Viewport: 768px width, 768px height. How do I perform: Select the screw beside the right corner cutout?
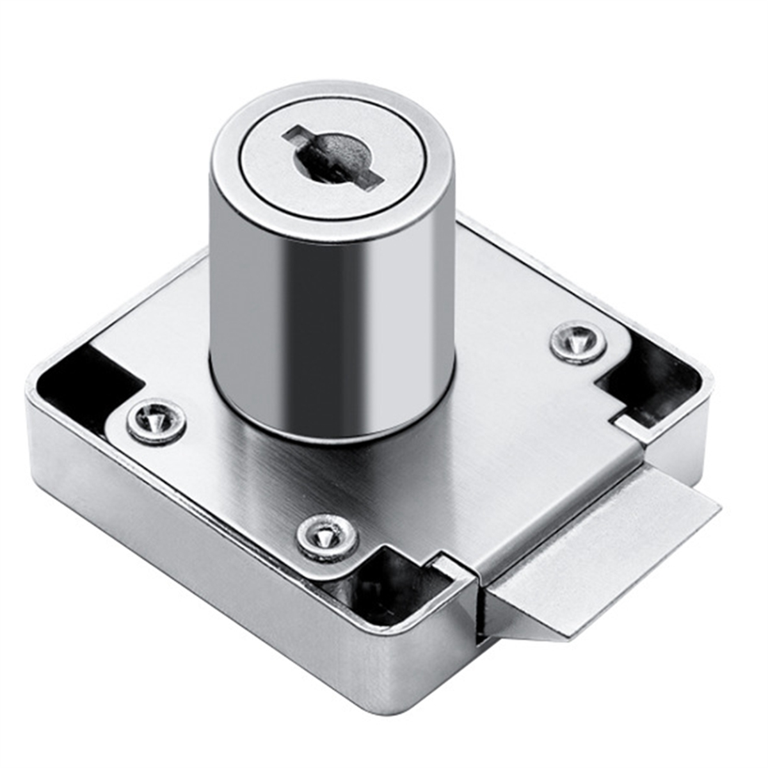tap(578, 342)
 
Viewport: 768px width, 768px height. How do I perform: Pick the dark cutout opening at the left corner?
tap(83, 390)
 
